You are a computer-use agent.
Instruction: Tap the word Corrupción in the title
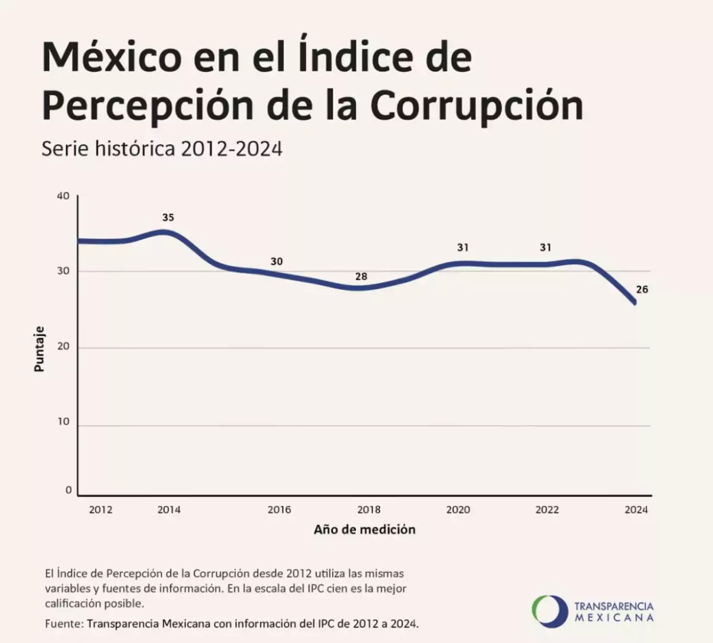point(477,106)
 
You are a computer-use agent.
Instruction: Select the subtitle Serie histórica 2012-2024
point(162,148)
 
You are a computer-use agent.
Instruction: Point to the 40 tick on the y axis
point(63,196)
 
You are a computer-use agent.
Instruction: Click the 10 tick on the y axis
point(63,422)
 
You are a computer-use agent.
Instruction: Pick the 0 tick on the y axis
point(68,490)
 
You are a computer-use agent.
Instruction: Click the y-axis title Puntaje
point(39,349)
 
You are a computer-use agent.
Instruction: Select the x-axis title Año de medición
point(364,530)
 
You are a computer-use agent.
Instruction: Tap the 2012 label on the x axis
point(100,509)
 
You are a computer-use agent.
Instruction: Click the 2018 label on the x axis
point(369,509)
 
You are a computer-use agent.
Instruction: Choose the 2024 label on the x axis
point(636,509)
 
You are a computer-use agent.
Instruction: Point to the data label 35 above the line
point(168,218)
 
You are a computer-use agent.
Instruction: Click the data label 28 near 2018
point(361,276)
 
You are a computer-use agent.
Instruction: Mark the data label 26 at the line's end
point(642,290)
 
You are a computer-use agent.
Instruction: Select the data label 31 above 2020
point(463,248)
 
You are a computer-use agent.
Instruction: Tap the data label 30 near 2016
point(276,261)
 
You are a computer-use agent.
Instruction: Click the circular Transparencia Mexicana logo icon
point(550,611)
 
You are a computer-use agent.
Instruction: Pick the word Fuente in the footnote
point(63,624)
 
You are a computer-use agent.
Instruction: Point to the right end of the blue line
point(635,303)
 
